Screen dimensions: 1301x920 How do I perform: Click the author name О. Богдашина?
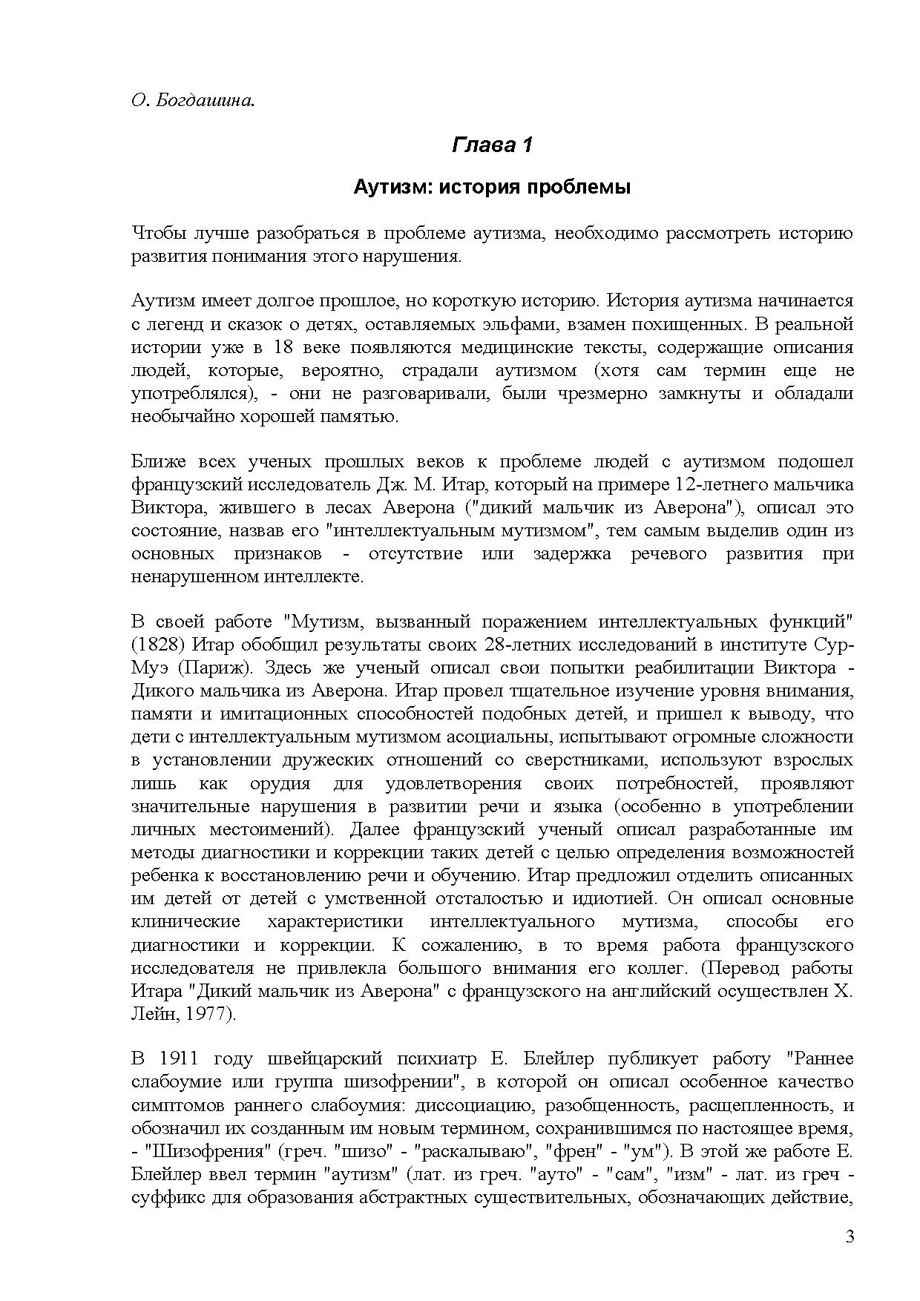tap(193, 100)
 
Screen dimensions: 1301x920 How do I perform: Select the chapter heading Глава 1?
tap(492, 144)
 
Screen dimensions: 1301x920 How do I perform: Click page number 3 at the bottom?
tap(850, 1236)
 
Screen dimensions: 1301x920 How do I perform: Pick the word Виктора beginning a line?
tap(165, 507)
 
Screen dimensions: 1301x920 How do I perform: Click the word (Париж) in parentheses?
tap(220, 667)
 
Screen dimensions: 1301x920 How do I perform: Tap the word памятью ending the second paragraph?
tap(363, 415)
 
